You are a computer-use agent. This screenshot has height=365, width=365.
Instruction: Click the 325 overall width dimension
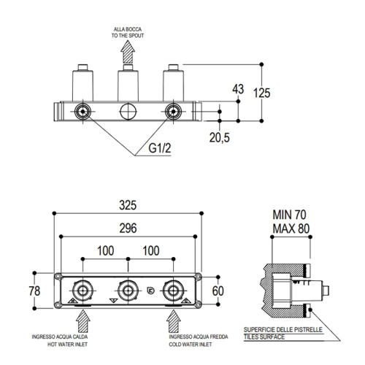click(x=128, y=205)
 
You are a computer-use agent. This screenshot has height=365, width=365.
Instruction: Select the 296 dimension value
click(x=128, y=228)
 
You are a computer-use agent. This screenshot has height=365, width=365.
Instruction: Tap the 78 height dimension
click(x=34, y=291)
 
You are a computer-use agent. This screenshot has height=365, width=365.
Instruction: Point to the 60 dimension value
click(x=218, y=291)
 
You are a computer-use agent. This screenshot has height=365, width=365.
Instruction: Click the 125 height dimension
click(x=262, y=93)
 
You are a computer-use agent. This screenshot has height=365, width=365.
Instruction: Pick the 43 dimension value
click(x=238, y=89)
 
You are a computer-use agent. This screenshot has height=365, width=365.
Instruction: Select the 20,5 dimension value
click(x=220, y=138)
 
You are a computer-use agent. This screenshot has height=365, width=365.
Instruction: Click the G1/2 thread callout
click(x=160, y=148)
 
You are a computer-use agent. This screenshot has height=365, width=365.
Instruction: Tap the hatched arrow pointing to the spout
click(x=128, y=52)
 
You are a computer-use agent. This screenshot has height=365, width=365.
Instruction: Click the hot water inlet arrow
click(x=83, y=321)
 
